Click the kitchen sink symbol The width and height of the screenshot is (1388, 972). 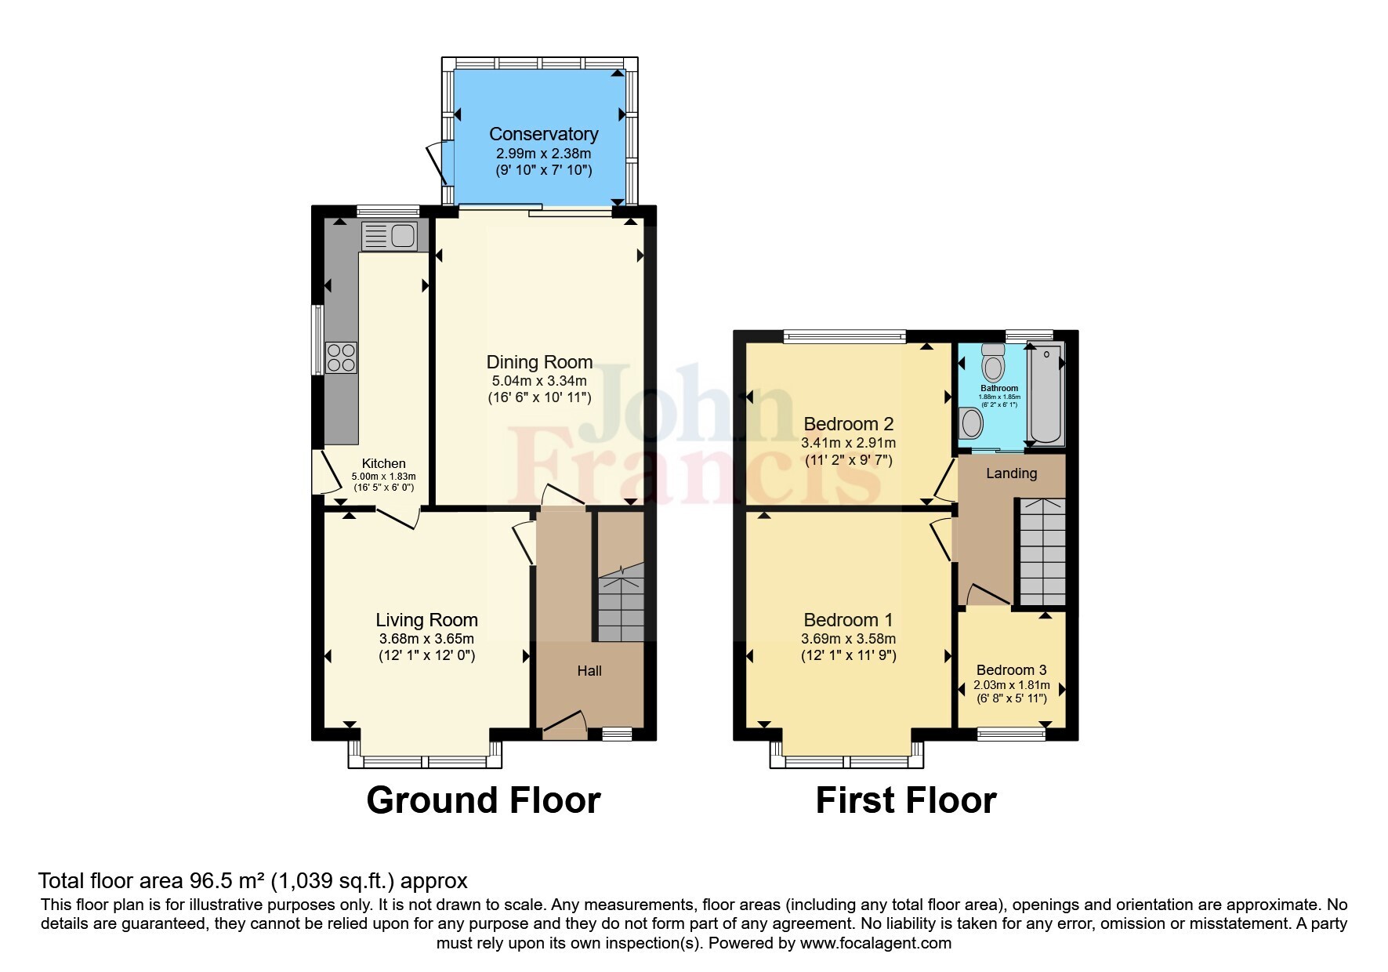coord(389,235)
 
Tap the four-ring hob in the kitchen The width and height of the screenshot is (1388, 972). coord(342,358)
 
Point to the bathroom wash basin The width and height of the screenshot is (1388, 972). coord(972,424)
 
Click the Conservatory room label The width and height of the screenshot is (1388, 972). coord(543,134)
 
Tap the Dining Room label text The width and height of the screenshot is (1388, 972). coord(539,362)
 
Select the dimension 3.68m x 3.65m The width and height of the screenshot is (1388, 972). coord(426,639)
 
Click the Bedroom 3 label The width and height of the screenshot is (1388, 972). coord(1011,670)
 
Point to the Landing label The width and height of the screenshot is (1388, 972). coord(1011,473)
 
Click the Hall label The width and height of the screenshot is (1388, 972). coord(589,671)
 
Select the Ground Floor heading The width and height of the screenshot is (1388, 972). coord(483,800)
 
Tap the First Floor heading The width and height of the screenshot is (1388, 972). coord(905,800)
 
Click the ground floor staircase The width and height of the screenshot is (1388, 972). coord(621,605)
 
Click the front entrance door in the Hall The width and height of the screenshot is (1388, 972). coord(564,724)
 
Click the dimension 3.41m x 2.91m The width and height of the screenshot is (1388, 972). coord(848,443)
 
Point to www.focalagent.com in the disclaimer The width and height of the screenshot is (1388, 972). coord(875,943)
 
